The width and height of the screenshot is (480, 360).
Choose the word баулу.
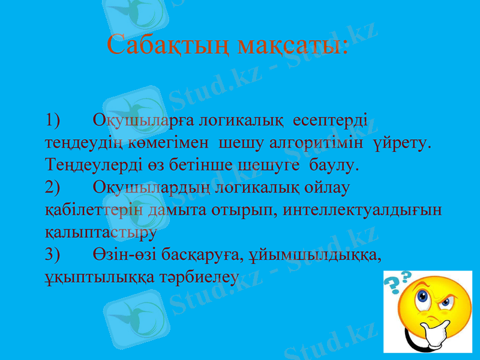[x=333, y=164]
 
